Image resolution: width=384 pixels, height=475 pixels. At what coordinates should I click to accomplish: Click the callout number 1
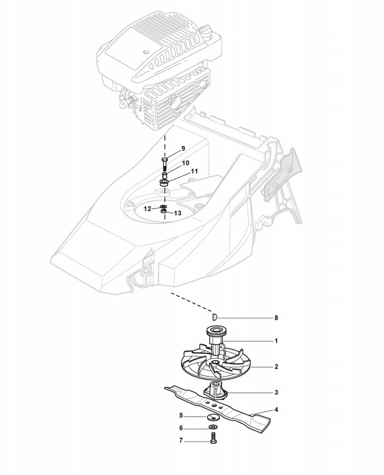coord(276,341)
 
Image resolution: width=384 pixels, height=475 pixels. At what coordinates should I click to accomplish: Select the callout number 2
coord(276,367)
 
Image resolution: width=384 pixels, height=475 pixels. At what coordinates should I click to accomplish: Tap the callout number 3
coord(276,393)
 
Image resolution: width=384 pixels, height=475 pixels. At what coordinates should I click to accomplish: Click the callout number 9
coord(183,149)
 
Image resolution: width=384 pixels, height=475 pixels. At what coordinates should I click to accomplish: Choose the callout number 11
coord(194,170)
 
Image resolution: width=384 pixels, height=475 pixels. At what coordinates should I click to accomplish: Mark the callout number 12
coord(147,209)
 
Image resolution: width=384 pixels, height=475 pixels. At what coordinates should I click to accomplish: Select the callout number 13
coord(177,213)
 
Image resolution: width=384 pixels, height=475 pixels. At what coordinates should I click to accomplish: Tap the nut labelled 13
coord(164,213)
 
